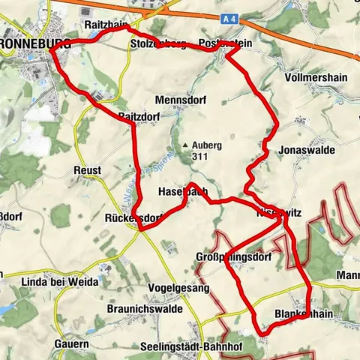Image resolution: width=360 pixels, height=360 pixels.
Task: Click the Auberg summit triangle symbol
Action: (184, 145)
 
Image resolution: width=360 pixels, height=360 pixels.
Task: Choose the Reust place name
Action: (88, 171)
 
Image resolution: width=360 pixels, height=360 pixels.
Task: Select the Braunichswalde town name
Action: (121, 307)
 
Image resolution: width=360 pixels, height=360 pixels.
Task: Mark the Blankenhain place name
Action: (303, 313)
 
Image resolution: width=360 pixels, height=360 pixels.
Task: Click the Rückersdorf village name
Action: (133, 219)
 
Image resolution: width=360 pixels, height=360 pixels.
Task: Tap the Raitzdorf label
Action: (140, 115)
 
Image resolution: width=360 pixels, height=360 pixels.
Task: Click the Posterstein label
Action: (225, 44)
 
